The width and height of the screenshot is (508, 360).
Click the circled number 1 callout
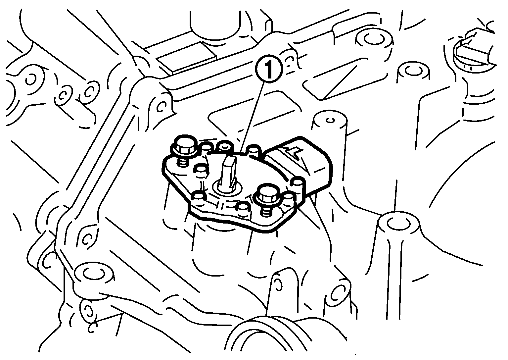coord(269,69)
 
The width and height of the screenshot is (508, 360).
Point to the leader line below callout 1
coord(253,117)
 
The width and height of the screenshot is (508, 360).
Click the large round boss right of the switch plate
coord(398,224)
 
